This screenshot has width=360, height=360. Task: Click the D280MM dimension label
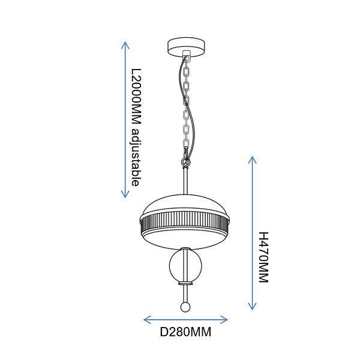(185, 332)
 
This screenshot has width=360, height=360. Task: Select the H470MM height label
(263, 257)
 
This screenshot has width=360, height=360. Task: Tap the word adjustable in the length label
(136, 157)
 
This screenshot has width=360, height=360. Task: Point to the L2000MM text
(136, 97)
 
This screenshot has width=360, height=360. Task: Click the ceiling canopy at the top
(186, 47)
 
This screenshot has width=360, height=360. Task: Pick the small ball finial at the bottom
(185, 307)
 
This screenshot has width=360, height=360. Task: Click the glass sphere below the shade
(185, 266)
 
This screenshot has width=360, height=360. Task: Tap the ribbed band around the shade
(185, 221)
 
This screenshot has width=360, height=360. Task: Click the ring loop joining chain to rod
(185, 162)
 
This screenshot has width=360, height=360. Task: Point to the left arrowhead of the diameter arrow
(147, 320)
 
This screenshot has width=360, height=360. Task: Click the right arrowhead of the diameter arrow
(224, 320)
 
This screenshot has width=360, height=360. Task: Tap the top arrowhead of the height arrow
(253, 160)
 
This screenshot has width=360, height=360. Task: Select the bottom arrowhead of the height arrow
(253, 307)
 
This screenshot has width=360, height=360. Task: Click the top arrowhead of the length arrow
(125, 45)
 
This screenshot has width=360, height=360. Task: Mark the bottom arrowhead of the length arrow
(125, 194)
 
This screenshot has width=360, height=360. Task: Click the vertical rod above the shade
(185, 181)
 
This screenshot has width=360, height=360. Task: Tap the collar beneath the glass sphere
(185, 283)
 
